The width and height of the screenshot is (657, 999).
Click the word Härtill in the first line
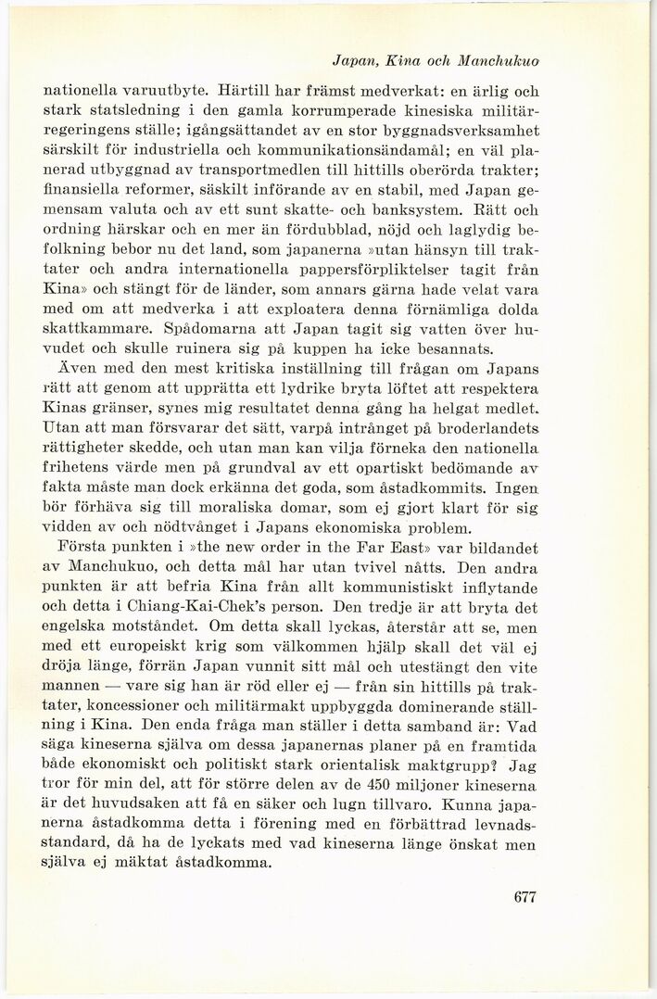coord(243,93)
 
